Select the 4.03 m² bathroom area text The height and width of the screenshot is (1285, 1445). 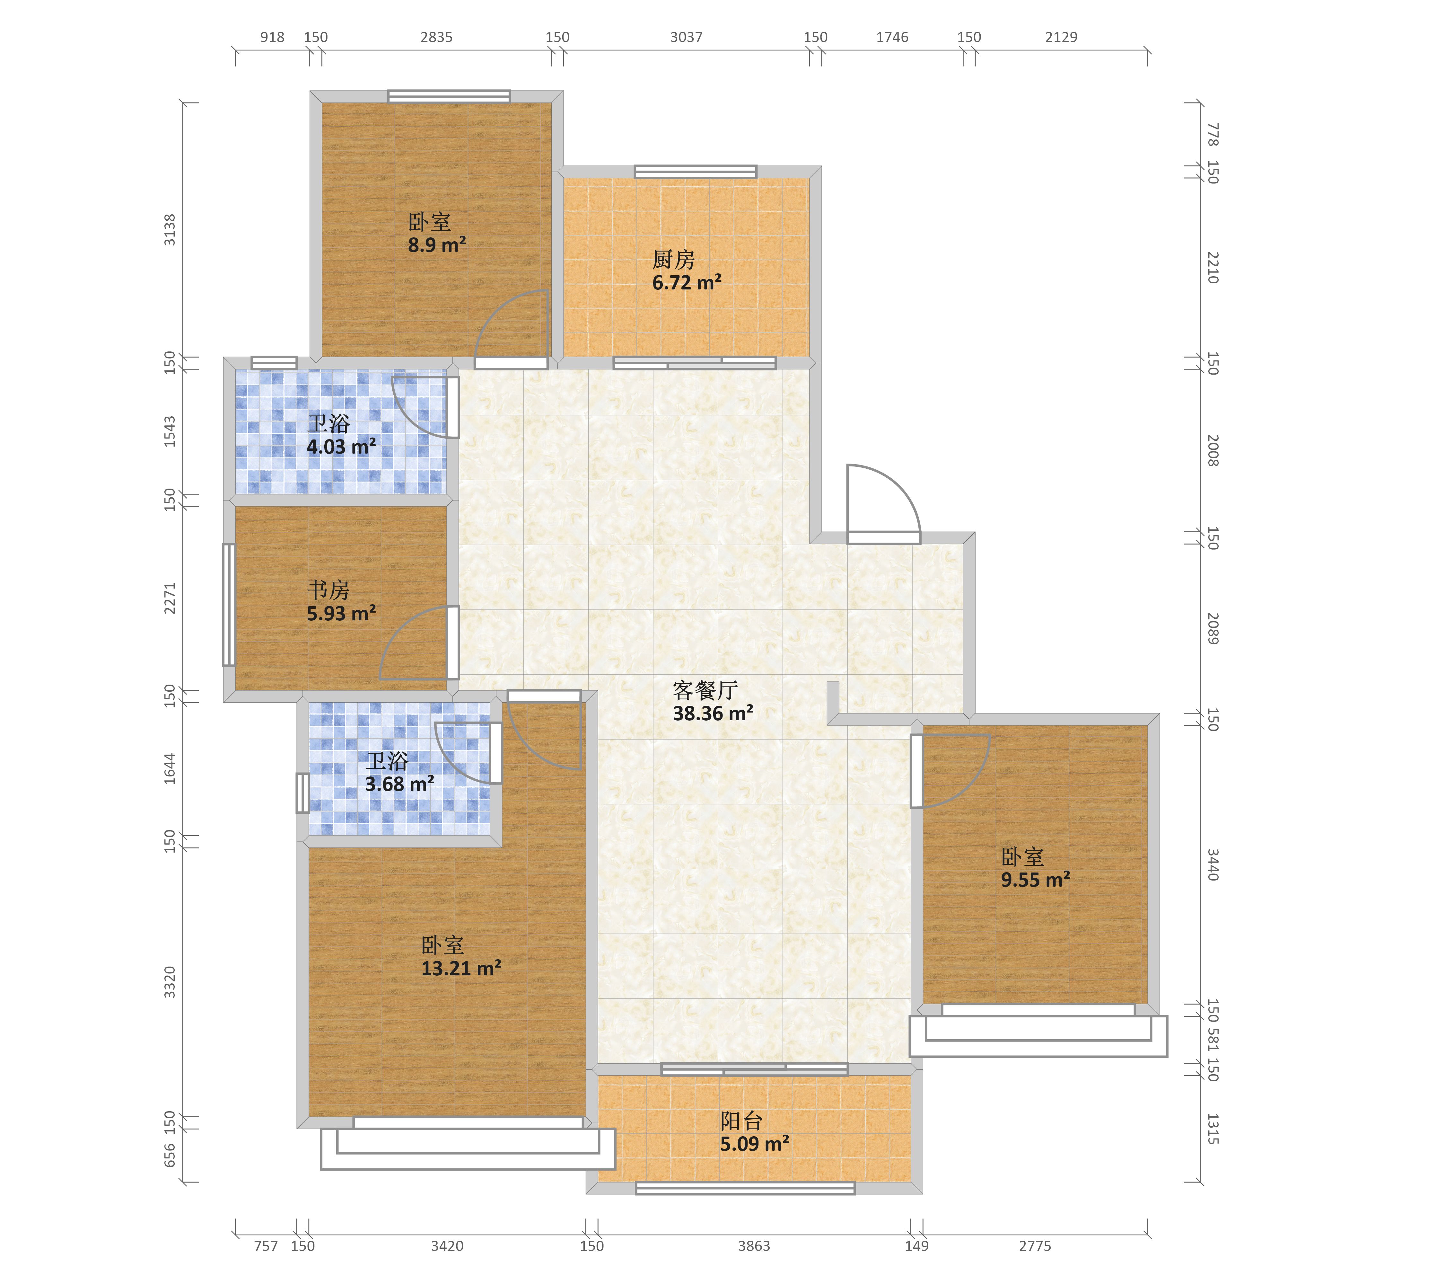pos(341,447)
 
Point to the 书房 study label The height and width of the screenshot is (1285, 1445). pos(328,590)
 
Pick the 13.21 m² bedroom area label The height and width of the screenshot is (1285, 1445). pos(462,968)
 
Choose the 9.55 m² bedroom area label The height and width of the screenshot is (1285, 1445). pos(1036,880)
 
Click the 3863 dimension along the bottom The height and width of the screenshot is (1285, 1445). pos(754,1246)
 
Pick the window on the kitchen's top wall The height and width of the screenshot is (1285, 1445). pos(696,171)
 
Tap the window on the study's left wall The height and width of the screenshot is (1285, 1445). pos(229,605)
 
